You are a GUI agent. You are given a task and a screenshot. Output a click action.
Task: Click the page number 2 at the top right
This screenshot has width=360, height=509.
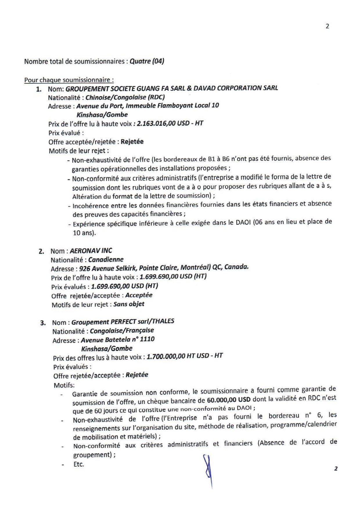pyautogui.click(x=327, y=26)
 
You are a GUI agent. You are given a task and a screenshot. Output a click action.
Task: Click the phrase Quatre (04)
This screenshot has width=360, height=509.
pyautogui.click(x=147, y=61)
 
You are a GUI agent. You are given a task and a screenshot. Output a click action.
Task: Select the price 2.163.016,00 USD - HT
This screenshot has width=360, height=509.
pyautogui.click(x=170, y=123)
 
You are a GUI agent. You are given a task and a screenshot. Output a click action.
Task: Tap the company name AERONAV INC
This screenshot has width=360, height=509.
pyautogui.click(x=91, y=251)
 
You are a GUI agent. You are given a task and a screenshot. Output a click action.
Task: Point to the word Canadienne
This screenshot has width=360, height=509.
pyautogui.click(x=106, y=259)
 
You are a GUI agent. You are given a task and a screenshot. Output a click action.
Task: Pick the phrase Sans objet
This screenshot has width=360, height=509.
pyautogui.click(x=129, y=304)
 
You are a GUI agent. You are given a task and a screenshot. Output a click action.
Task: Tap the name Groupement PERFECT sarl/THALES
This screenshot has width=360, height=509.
pyautogui.click(x=123, y=322)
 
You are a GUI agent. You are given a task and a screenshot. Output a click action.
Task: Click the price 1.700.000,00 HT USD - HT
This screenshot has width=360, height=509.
pyautogui.click(x=185, y=356)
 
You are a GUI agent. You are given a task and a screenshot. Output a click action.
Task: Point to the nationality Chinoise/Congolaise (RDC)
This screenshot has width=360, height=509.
pyautogui.click(x=125, y=97)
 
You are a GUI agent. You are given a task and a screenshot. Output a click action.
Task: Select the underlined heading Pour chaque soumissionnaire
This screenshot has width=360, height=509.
pyautogui.click(x=69, y=80)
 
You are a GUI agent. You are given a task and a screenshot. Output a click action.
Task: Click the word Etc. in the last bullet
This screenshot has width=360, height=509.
pyautogui.click(x=79, y=464)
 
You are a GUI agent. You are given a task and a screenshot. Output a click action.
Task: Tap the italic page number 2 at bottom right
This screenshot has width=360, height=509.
pyautogui.click(x=336, y=468)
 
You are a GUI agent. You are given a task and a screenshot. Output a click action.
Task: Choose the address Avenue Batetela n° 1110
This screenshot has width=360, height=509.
pyautogui.click(x=118, y=340)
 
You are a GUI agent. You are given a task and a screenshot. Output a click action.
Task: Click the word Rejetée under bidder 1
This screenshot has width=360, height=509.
pyautogui.click(x=132, y=142)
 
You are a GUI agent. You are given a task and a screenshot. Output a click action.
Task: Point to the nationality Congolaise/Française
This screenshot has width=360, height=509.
pyautogui.click(x=122, y=331)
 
